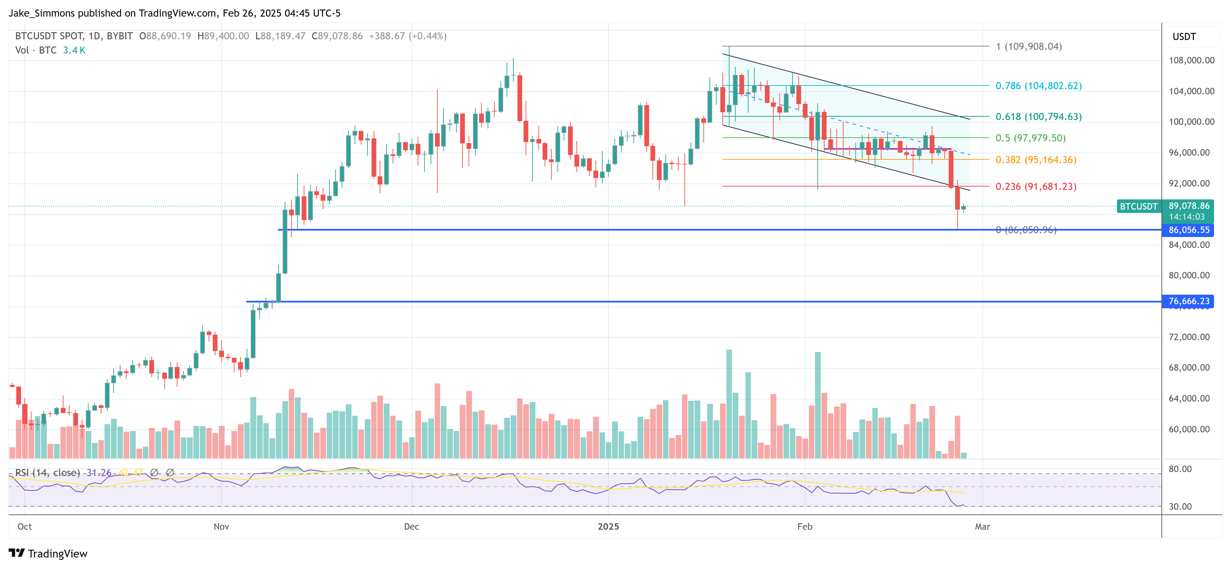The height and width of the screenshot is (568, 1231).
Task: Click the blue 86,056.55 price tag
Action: point(1189,230)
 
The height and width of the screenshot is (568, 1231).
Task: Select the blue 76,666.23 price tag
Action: point(1189,301)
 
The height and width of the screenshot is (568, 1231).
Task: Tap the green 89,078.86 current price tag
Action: point(1189,206)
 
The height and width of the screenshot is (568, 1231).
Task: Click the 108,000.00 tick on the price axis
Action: point(1191,60)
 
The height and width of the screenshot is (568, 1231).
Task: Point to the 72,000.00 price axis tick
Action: point(1189,337)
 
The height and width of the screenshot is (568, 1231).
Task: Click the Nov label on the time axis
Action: point(221,526)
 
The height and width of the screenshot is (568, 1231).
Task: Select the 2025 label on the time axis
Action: point(608,526)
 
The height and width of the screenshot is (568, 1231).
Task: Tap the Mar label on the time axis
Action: point(982,526)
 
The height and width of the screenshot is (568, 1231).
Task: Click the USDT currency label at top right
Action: point(1184,37)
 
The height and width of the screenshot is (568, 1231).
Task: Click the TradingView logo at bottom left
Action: point(48,553)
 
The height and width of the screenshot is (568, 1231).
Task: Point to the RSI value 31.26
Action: point(99,472)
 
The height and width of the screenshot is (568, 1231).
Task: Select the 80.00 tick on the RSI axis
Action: point(1180,469)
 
